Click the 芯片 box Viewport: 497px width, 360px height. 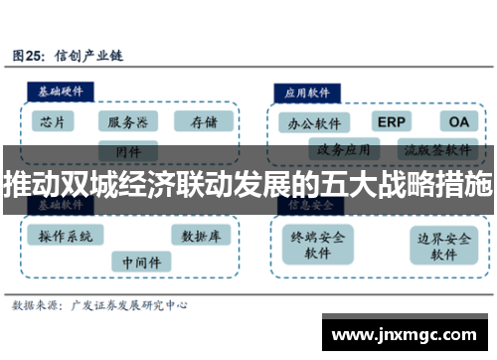pyautogui.click(x=54, y=122)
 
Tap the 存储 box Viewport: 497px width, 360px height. pyautogui.click(x=203, y=122)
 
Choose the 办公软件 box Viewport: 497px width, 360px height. pyautogui.click(x=313, y=123)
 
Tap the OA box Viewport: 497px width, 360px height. pyautogui.click(x=458, y=121)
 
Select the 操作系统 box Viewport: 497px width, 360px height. pyautogui.click(x=68, y=236)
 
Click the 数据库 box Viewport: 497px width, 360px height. pyautogui.click(x=202, y=236)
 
